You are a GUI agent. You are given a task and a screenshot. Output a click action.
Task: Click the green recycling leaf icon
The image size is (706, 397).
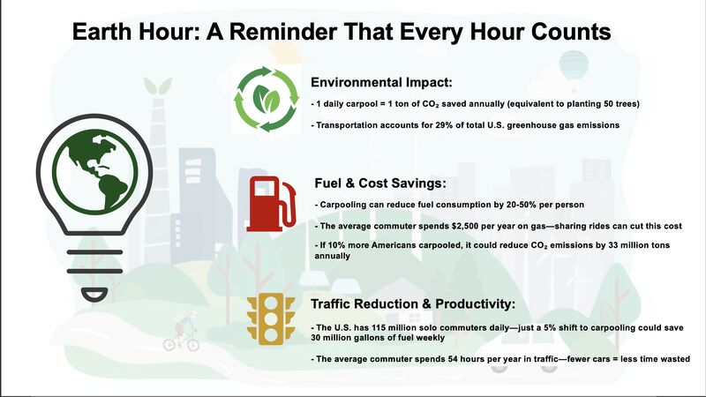pos(267,99)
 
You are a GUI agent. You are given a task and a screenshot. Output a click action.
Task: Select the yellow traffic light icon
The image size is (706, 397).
pos(271,318)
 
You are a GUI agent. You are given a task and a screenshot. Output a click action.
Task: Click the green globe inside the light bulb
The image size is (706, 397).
pos(94,171)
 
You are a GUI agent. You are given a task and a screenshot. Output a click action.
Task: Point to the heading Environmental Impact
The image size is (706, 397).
pos(381,82)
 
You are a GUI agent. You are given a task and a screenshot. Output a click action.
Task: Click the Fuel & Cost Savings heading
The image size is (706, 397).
pos(380,184)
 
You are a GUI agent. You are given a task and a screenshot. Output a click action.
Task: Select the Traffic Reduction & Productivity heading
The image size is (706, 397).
pos(413,303)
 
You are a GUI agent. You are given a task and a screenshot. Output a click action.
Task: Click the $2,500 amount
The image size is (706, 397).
pos(465,226)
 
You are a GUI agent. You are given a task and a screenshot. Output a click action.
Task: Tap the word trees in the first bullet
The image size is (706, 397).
pos(627,104)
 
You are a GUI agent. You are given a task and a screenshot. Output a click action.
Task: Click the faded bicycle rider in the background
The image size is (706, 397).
pos(183,331)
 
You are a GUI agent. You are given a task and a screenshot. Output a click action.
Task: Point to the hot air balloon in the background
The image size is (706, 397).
pos(573,70)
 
